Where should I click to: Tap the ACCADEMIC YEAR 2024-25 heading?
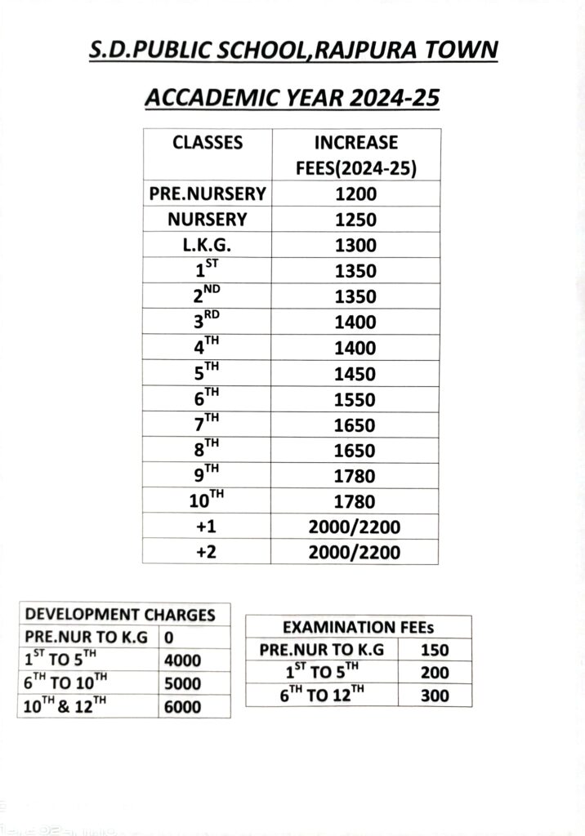292,99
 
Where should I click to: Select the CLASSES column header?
208,143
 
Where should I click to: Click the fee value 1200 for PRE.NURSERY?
355,194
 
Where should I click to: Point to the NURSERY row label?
208,220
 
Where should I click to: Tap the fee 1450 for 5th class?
355,375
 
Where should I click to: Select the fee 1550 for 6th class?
355,400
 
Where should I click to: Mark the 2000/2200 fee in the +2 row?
355,553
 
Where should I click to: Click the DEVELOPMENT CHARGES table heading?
120,615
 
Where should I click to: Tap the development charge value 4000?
182,660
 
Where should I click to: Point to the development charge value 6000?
182,707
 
